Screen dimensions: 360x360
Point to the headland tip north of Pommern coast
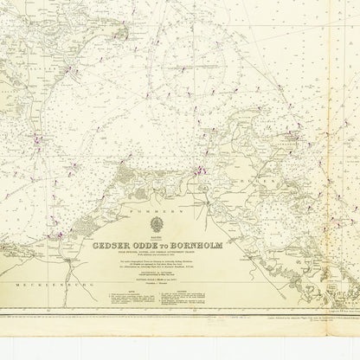[x=126, y=164]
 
